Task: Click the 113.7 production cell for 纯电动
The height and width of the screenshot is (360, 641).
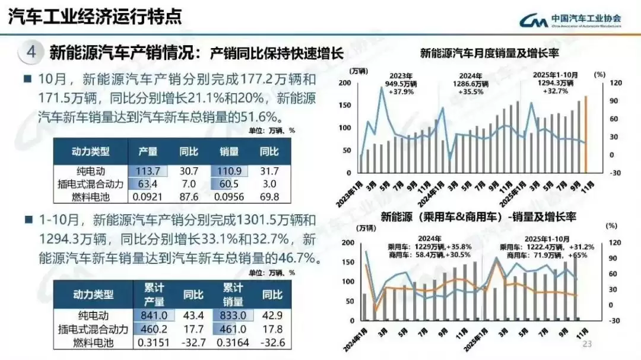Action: click(x=148, y=171)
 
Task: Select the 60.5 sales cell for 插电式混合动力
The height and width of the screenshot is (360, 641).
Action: click(x=229, y=184)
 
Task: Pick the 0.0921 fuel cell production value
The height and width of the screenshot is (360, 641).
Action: click(x=148, y=196)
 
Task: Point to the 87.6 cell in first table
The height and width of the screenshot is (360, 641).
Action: click(x=188, y=196)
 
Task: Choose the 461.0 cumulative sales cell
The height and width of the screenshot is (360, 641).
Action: click(x=232, y=329)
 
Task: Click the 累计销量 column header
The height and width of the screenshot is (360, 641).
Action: click(x=233, y=295)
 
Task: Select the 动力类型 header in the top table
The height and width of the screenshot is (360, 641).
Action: click(x=91, y=151)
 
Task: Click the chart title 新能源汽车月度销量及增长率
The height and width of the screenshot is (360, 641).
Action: click(x=490, y=53)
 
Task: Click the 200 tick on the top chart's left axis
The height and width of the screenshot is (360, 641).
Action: click(x=344, y=82)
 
